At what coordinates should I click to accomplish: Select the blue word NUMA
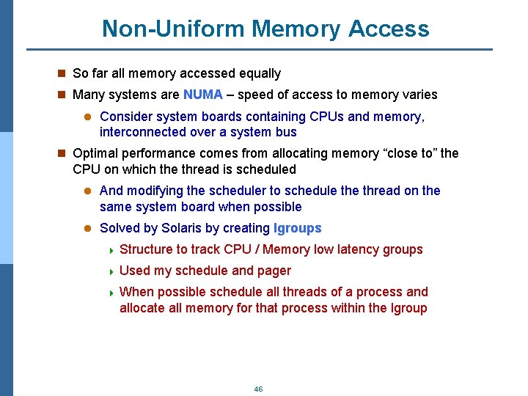(202, 95)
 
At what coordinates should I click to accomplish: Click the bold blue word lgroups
(297, 228)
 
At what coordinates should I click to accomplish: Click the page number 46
(258, 389)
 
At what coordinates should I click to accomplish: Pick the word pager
(274, 271)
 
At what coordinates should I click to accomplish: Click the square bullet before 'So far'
(62, 73)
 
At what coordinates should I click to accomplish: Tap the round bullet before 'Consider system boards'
(87, 117)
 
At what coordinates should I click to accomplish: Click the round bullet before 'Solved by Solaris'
(87, 228)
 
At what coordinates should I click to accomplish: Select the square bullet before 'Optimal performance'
(62, 153)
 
